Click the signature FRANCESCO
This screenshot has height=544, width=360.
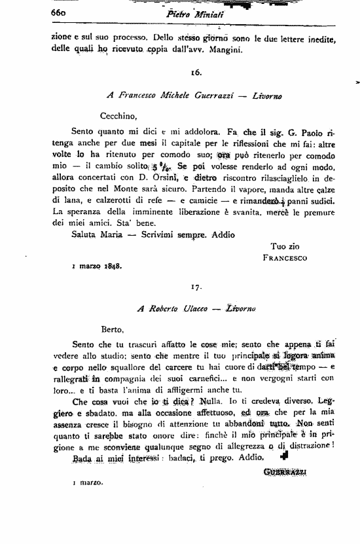(285, 257)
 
